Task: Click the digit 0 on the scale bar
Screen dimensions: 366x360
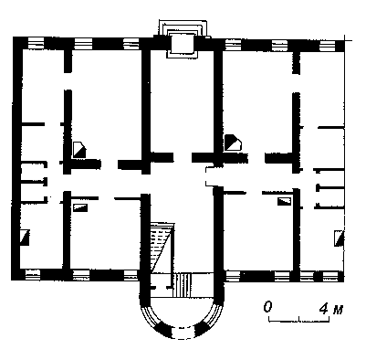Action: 267,307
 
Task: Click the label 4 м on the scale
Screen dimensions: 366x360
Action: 331,309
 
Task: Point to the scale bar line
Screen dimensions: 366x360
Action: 299,321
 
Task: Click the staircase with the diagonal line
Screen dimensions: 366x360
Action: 162,247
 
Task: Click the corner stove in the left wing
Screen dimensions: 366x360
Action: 79,149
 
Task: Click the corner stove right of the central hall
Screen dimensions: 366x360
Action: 233,143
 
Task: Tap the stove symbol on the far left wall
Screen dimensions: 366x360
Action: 25,238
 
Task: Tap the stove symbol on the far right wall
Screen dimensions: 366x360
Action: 339,238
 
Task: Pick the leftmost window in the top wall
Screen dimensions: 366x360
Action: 36,43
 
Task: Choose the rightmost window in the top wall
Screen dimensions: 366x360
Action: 328,46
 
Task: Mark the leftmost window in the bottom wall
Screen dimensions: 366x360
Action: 33,275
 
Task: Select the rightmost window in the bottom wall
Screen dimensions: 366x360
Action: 331,276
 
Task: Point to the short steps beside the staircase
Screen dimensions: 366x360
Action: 182,285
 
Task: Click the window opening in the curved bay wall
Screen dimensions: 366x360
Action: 182,333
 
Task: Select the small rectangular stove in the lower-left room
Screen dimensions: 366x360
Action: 80,207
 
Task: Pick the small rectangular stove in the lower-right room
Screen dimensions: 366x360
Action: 284,201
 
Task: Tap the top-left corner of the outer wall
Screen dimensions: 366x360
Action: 13,37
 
